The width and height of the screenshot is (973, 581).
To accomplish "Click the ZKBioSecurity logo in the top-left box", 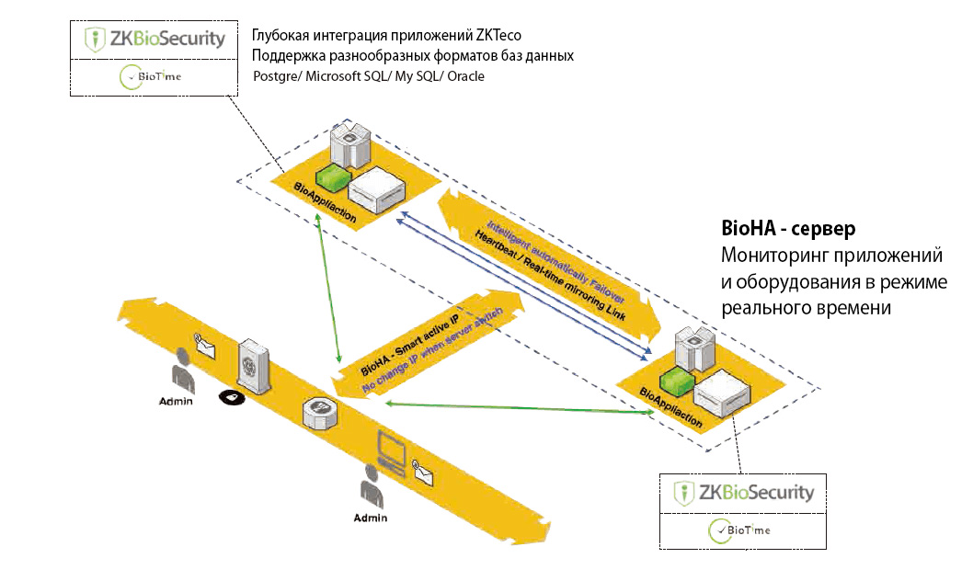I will point(155,39).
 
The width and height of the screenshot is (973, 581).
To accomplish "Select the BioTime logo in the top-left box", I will point(151,77).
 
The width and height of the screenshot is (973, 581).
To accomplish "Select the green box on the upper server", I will point(331,176).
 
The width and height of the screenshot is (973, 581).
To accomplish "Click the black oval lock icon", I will point(231,397).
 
